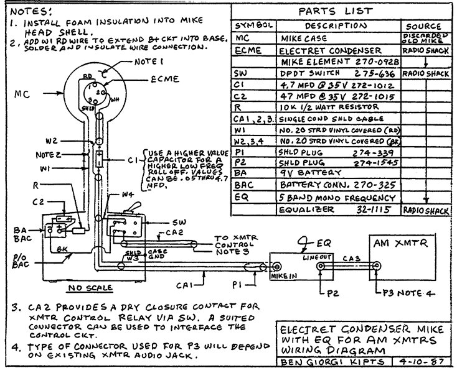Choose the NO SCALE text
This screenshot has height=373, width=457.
(92, 288)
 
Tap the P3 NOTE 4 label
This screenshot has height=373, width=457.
(404, 292)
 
